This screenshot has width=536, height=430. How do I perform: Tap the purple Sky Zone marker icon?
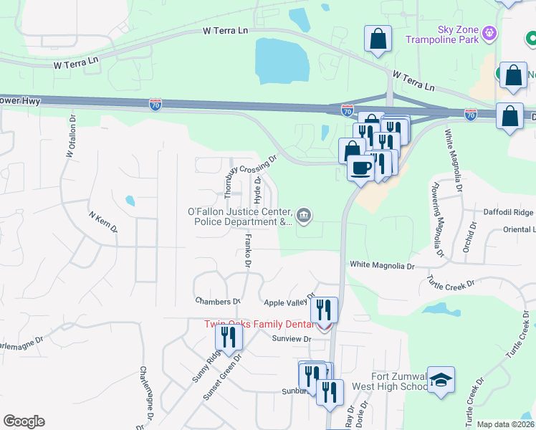click(490, 33)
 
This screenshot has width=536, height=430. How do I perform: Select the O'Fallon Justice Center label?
click(239, 216)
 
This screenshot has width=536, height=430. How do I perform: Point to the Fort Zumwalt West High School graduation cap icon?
click(441, 381)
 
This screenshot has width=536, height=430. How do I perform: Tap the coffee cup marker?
click(360, 168)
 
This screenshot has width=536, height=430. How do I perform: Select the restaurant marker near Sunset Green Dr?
click(229, 336)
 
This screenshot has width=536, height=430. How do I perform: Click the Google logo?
click(24, 421)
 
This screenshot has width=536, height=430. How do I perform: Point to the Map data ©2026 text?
click(505, 424)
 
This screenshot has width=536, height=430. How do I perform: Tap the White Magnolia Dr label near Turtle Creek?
click(382, 265)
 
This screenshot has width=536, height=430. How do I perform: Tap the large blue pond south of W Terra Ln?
click(282, 59)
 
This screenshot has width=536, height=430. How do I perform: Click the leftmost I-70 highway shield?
click(156, 105)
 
